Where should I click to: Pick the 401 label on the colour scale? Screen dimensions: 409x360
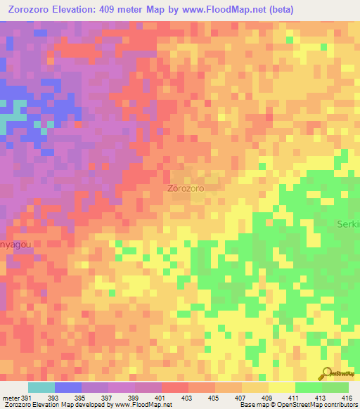pyautogui.click(x=161, y=397)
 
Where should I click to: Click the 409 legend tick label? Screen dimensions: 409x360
pyautogui.click(x=268, y=397)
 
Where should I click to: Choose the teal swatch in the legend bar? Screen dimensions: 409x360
pyautogui.click(x=41, y=387)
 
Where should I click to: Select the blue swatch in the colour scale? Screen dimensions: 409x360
pyautogui.click(x=67, y=387)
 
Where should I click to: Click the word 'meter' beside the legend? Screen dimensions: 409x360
pyautogui.click(x=10, y=397)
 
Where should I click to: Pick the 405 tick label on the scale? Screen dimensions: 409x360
pyautogui.click(x=214, y=397)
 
